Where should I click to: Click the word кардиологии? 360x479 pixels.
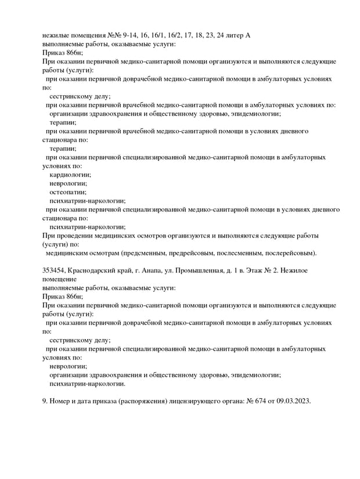coord(70,174)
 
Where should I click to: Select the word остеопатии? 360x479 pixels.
coord(68,191)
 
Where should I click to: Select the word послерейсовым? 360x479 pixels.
coord(291,253)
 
